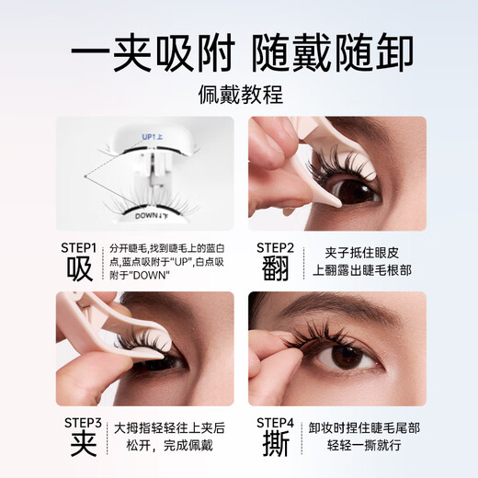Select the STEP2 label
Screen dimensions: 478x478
coord(274,246)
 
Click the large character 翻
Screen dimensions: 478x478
coord(274,270)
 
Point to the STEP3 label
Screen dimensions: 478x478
coord(80,422)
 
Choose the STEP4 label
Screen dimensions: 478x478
coord(274,422)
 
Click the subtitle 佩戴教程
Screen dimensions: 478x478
coord(239,93)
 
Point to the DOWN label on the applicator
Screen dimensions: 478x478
coord(151,217)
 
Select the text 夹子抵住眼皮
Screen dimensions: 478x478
coord(363,251)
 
